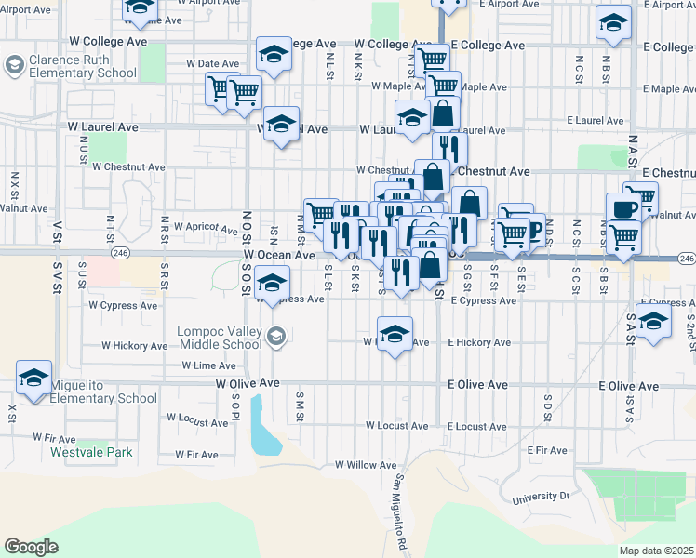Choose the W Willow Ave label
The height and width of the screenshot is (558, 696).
coord(367,464)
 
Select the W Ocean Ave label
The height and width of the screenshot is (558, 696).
coord(279,255)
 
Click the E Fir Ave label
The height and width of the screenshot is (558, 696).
coord(546,451)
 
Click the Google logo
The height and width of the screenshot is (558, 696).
coord(31,547)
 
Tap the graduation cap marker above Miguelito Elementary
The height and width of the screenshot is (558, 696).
coord(33,379)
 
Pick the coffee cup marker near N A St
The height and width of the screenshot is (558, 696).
coord(622,208)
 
